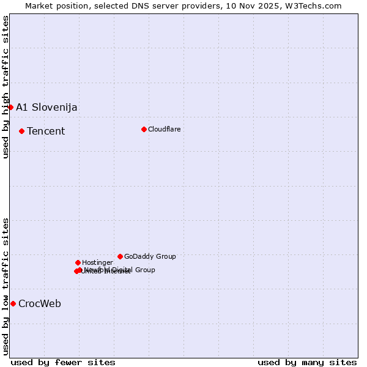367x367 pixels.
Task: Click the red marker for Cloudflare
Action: [x=144, y=129]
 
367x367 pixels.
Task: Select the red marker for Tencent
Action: [x=21, y=131]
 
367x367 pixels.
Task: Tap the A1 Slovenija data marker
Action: [x=10, y=107]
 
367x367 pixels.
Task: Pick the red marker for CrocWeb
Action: [x=13, y=303]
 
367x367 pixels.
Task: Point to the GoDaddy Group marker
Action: [x=120, y=256]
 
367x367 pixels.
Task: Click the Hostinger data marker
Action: [x=78, y=262]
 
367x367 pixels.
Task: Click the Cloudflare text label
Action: [x=164, y=129]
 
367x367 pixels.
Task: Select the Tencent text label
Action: [x=46, y=131]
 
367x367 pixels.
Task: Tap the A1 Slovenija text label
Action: [x=46, y=108]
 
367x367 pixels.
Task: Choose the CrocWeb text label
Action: [x=40, y=304]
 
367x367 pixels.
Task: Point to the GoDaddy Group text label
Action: [x=150, y=256]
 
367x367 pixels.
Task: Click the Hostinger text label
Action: [x=97, y=262]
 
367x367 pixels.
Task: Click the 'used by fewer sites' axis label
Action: [x=63, y=362]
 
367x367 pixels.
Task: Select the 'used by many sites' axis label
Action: [x=307, y=362]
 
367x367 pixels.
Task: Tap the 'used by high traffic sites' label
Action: [x=6, y=87]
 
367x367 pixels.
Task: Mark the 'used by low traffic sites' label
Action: [x=6, y=286]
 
